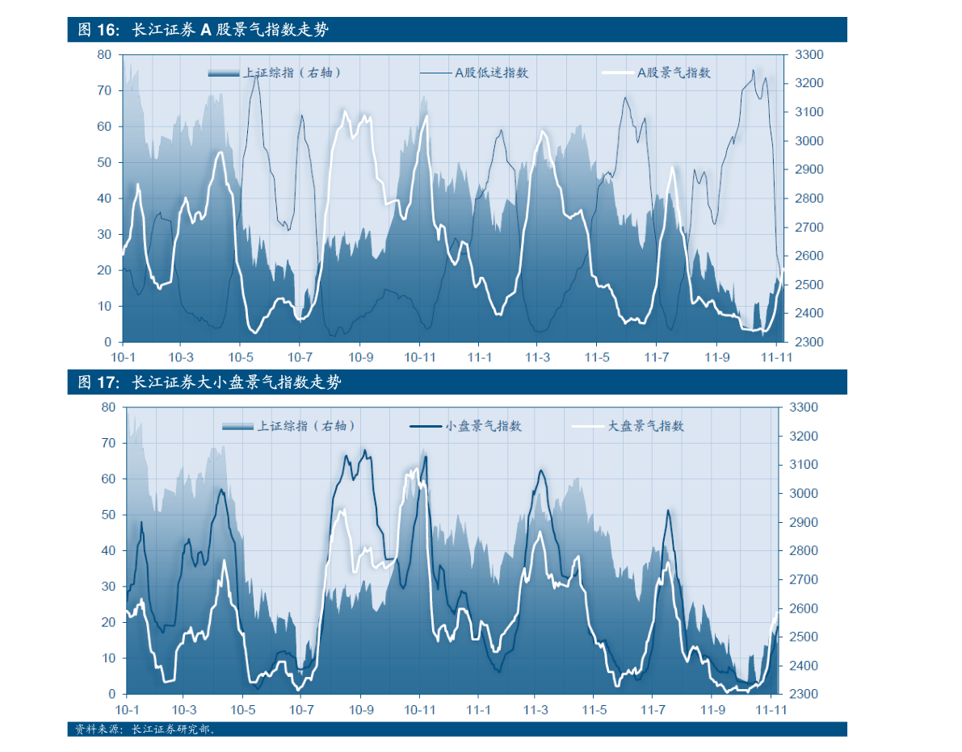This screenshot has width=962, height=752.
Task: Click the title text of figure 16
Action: click(x=204, y=31)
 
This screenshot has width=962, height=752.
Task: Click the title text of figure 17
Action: click(x=209, y=382)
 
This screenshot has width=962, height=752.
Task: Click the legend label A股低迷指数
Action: click(x=491, y=73)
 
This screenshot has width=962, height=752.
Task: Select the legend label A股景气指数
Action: click(x=674, y=73)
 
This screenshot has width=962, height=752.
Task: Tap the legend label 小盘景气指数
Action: click(x=483, y=426)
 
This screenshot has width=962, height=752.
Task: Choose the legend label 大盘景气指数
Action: click(x=645, y=426)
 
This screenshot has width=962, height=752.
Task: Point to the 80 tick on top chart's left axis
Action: click(x=104, y=55)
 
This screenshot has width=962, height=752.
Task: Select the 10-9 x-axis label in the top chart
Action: click(x=360, y=357)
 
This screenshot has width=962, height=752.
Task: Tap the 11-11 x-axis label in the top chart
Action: click(x=775, y=357)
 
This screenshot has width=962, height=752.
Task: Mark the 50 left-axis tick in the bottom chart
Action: click(x=109, y=515)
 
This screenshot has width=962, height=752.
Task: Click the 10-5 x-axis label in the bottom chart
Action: click(x=243, y=710)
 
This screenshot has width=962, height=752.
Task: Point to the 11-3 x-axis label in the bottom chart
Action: click(x=536, y=710)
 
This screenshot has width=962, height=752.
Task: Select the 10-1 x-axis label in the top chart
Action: click(x=123, y=357)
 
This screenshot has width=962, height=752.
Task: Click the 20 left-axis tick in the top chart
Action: click(x=104, y=270)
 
